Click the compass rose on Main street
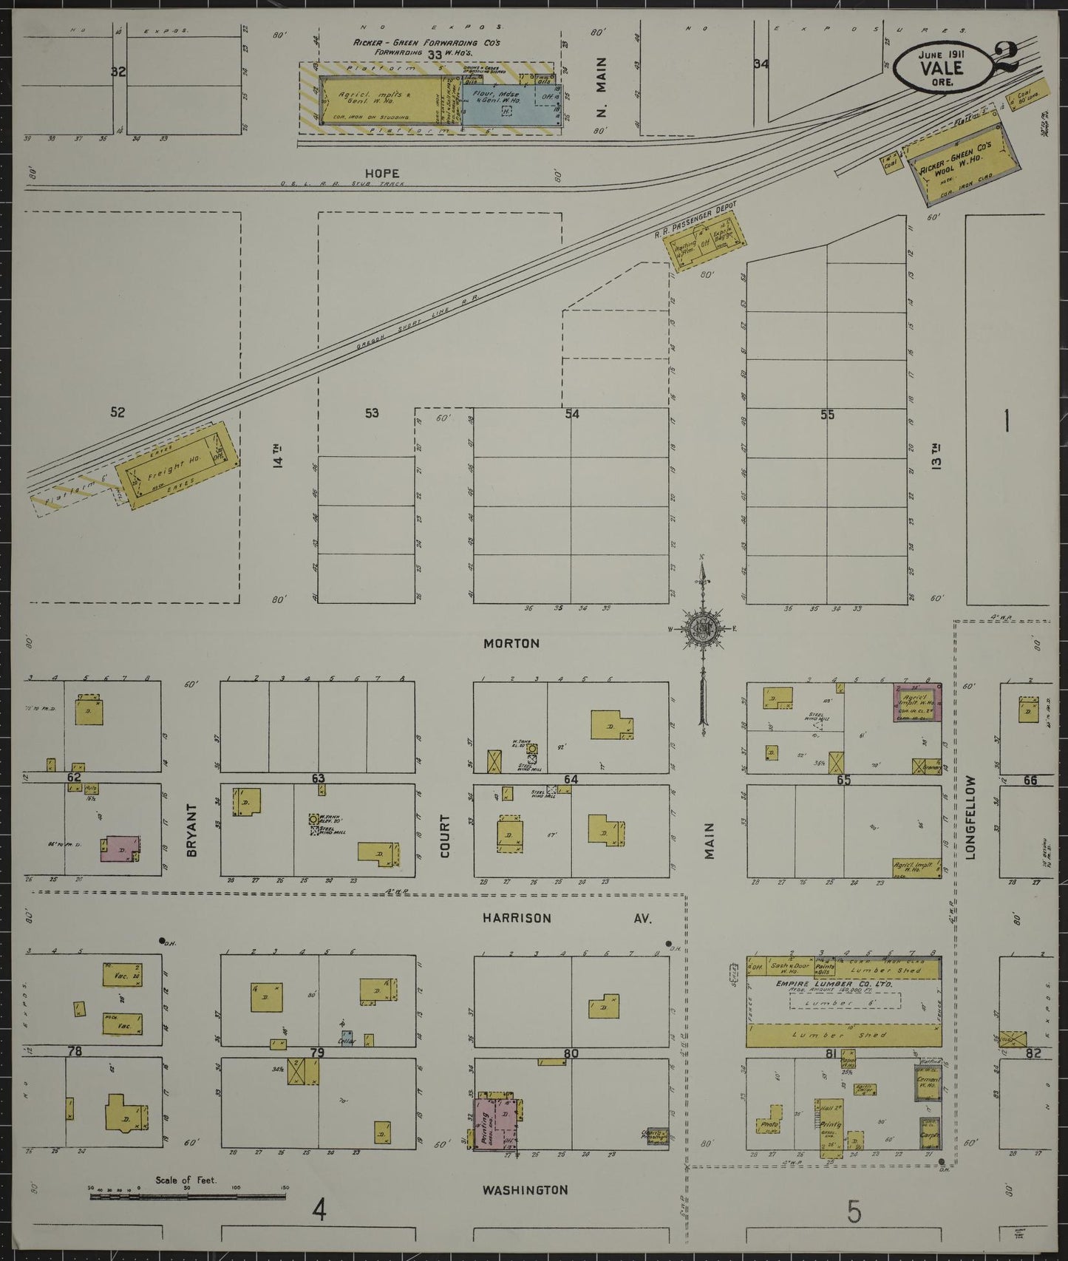[701, 629]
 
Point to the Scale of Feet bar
[188, 1195]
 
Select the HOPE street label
[381, 174]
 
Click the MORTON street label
[511, 644]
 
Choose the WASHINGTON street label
[525, 1190]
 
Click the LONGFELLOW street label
[970, 817]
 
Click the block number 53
[372, 412]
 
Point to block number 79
[317, 1053]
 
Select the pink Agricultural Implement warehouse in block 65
[917, 702]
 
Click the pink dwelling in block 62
[120, 848]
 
